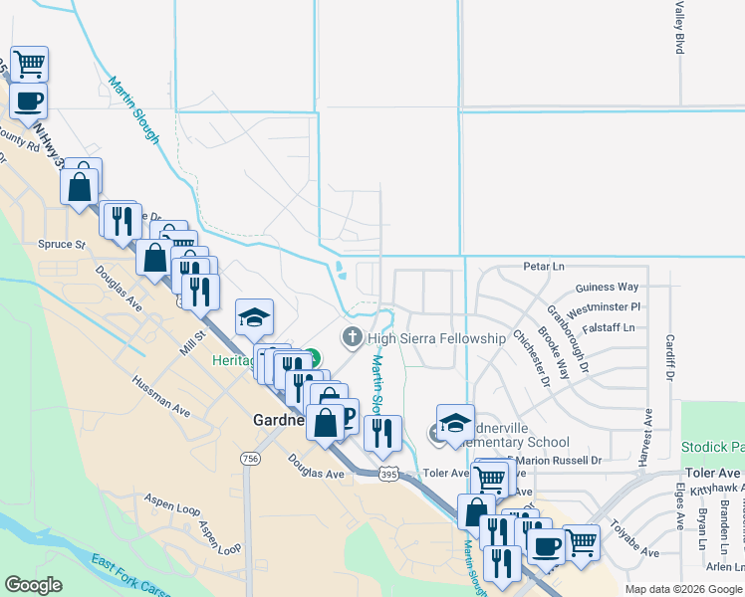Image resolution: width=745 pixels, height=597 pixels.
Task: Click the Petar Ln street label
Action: (x=544, y=267)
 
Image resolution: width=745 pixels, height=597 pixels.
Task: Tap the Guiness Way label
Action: (x=608, y=288)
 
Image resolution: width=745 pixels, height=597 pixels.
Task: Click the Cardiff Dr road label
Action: (x=669, y=358)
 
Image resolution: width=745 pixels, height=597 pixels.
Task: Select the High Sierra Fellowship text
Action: (x=436, y=338)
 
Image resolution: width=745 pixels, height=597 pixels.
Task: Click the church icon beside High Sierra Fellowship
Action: (x=352, y=338)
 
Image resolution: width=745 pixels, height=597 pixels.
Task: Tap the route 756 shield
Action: (x=249, y=458)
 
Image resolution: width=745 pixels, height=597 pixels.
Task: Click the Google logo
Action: (x=33, y=585)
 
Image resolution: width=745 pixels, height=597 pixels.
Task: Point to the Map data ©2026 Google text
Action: (x=683, y=589)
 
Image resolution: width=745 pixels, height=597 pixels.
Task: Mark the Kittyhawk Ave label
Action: (x=710, y=490)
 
